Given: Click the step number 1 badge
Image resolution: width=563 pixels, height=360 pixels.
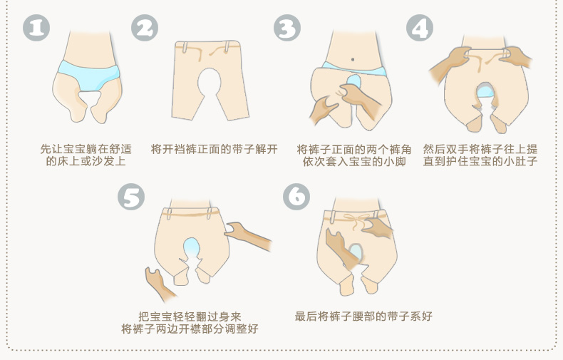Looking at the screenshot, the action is click(36, 28).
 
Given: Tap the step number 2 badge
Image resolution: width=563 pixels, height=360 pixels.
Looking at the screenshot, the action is click(145, 28).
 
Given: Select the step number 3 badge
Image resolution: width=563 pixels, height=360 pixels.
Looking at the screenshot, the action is click(287, 28).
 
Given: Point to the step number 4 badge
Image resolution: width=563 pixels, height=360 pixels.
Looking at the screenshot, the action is click(420, 28).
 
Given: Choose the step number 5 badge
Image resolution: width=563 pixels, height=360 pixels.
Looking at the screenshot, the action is click(131, 197).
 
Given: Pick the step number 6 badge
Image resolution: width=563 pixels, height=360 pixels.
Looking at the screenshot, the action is click(296, 197).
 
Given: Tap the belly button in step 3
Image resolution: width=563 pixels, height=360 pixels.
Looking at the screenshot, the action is click(353, 59).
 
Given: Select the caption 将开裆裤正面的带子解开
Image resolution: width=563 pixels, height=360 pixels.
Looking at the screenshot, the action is click(215, 149).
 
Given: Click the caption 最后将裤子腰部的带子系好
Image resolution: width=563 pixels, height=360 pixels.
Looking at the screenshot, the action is click(363, 317).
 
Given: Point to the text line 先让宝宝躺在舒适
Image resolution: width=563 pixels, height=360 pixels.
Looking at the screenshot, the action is click(86, 149).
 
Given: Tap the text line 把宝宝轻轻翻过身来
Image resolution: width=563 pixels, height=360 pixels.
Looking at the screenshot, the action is click(190, 317).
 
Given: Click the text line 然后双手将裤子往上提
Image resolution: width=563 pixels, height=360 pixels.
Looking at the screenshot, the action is click(480, 149).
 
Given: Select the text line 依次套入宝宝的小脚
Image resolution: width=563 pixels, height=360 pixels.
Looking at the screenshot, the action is click(354, 161).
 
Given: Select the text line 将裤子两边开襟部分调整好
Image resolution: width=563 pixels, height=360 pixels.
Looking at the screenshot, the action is click(190, 329).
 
